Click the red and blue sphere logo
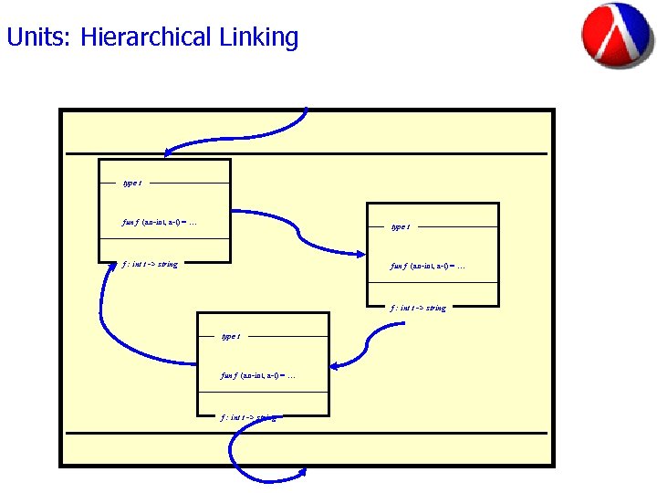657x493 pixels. [x=617, y=35]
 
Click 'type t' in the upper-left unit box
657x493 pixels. [x=131, y=184]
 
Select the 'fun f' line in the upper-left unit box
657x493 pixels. [x=159, y=221]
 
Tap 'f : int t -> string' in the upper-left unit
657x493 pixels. [x=150, y=265]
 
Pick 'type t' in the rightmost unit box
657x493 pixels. [x=400, y=226]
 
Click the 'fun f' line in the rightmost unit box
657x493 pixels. [x=427, y=266]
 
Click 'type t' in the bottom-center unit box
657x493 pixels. [x=231, y=336]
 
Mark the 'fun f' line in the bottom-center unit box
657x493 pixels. [x=258, y=375]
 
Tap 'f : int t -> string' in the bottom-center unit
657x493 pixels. [x=248, y=417]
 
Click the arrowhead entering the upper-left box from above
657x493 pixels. [x=170, y=154]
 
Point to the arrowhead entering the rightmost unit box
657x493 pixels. [x=360, y=256]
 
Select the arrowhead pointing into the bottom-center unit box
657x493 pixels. [x=335, y=367]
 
